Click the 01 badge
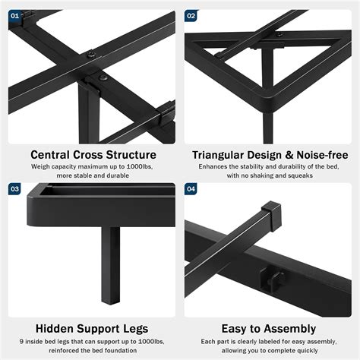point(14,16)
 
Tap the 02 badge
point(191,16)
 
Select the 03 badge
point(14,189)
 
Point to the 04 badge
point(191,189)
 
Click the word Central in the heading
point(50,155)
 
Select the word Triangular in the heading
point(218,155)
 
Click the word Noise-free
point(322,155)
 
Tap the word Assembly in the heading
point(289,329)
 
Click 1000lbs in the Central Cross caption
point(140,166)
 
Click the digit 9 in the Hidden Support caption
point(21,342)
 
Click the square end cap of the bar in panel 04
point(271,216)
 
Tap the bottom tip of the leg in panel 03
point(111,303)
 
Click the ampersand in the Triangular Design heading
point(289,155)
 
